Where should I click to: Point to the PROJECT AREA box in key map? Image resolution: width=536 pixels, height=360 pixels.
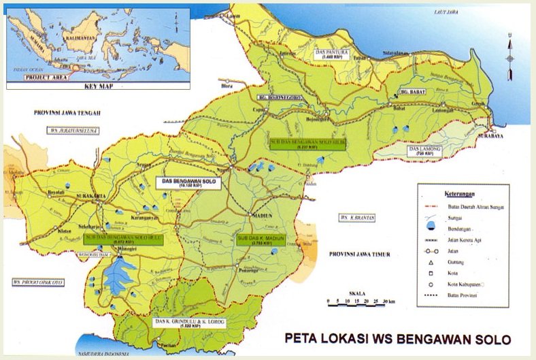tap(46, 78)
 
